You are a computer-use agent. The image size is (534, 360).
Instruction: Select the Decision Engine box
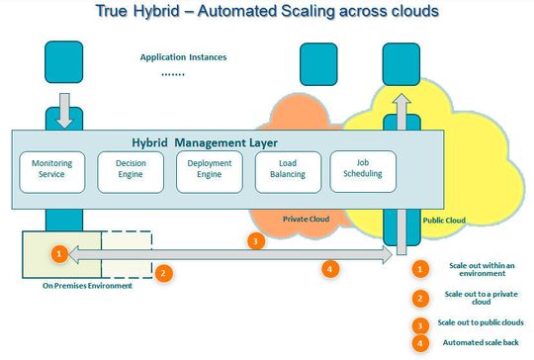132,169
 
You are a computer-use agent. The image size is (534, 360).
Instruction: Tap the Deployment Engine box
208,169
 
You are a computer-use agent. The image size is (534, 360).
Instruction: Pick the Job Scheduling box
362,169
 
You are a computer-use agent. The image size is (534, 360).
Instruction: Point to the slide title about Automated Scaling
268,13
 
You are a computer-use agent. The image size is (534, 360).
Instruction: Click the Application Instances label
182,57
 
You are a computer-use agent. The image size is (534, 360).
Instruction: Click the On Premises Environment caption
84,286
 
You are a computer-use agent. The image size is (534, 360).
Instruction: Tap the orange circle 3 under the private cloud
255,240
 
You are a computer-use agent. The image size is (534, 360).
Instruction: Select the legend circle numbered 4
420,343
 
